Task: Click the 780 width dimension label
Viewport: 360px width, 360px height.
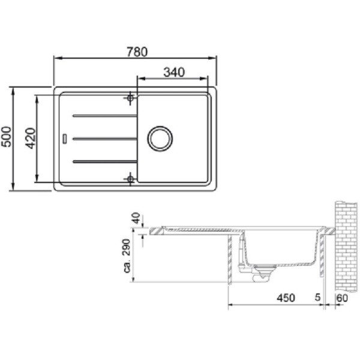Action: pyautogui.click(x=137, y=52)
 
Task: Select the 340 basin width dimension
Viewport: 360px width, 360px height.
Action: pyautogui.click(x=174, y=72)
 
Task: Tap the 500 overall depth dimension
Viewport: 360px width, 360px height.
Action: pyautogui.click(x=6, y=137)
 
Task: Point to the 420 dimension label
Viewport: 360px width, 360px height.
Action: pyautogui.click(x=31, y=138)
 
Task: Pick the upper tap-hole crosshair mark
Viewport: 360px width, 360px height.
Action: pyautogui.click(x=130, y=98)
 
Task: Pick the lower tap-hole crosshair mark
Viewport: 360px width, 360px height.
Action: pyautogui.click(x=130, y=179)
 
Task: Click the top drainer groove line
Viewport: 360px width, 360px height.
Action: pyautogui.click(x=104, y=116)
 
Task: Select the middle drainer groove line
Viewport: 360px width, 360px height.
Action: pyautogui.click(x=104, y=139)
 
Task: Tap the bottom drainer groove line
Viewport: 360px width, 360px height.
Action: pyautogui.click(x=104, y=161)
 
